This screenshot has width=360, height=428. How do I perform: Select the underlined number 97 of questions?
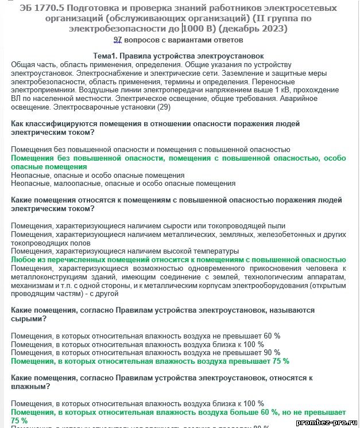pyautogui.click(x=118, y=40)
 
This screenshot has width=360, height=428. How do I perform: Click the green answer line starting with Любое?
pyautogui.click(x=179, y=260)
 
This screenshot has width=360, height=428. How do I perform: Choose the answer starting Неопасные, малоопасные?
pyautogui.click(x=123, y=184)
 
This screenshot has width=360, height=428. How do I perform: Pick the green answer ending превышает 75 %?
pyautogui.click(x=150, y=361)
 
